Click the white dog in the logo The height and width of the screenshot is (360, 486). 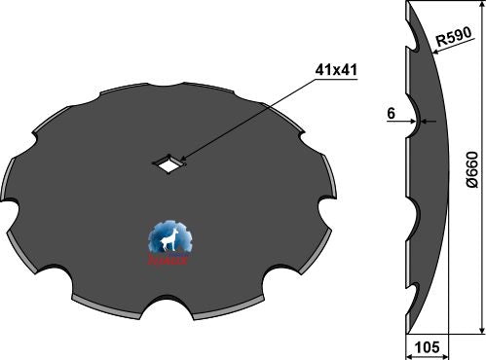(x=170, y=239)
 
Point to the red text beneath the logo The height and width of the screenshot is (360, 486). (x=170, y=262)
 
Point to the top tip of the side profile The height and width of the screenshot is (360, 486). (x=403, y=5)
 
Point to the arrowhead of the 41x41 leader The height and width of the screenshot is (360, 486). (x=177, y=160)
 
